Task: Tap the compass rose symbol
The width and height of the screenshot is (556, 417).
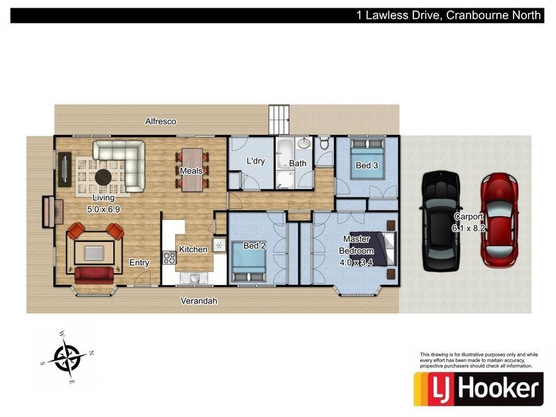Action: (x=67, y=358)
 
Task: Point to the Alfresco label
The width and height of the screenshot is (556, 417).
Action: (x=161, y=122)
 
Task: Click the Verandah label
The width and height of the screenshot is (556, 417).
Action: (x=199, y=301)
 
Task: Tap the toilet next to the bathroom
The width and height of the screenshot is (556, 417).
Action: (x=323, y=145)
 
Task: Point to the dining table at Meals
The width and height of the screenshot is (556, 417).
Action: (x=193, y=169)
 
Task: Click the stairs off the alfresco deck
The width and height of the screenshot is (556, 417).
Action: (x=279, y=120)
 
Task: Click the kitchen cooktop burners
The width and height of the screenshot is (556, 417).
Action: (x=168, y=258)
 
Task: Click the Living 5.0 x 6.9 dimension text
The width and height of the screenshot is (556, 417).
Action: (x=104, y=208)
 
